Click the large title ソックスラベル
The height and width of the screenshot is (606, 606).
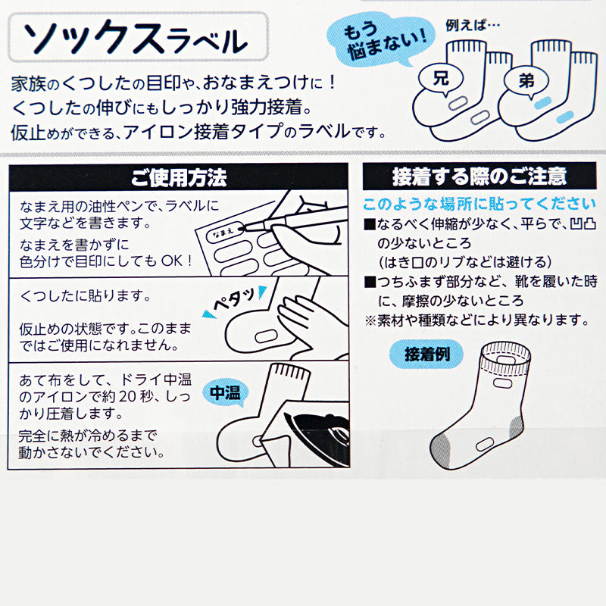point(136,38)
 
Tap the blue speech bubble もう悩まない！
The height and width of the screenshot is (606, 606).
point(381,42)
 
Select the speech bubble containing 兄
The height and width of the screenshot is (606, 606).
point(441,80)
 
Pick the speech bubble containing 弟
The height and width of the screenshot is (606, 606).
point(526,82)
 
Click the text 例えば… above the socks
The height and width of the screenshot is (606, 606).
point(472,26)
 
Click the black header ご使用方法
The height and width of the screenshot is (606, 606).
point(178,177)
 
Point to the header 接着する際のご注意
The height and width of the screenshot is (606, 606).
point(479,176)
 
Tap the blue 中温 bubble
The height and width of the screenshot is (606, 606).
point(225,393)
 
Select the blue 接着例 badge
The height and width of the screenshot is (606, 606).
point(426,354)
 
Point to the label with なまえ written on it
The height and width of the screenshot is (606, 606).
point(225,233)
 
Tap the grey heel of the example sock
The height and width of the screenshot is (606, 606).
point(517,427)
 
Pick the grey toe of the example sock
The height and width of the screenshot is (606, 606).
point(442,451)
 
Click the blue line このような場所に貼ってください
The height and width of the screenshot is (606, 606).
point(479,204)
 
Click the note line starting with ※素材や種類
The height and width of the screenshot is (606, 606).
point(477,320)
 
